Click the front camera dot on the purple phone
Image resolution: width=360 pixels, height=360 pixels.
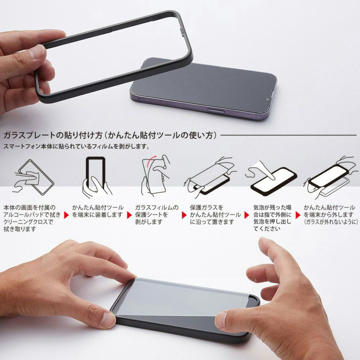tap(267, 100)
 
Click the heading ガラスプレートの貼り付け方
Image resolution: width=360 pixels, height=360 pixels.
tap(53, 135)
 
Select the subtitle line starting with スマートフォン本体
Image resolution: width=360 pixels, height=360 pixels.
tap(77, 146)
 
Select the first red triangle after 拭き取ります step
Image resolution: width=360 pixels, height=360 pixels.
tap(66, 215)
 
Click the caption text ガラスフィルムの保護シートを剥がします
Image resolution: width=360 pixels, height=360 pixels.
tap(157, 215)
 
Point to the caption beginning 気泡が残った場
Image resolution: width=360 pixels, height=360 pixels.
tap(272, 218)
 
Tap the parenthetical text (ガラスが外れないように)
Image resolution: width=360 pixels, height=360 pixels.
tap(331, 222)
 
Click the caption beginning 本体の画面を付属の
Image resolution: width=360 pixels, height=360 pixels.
tap(32, 218)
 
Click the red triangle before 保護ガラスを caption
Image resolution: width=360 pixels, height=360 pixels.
tap(184, 215)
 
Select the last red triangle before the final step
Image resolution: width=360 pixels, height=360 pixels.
tap(298, 215)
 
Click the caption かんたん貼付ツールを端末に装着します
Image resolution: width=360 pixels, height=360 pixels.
tap(98, 211)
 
